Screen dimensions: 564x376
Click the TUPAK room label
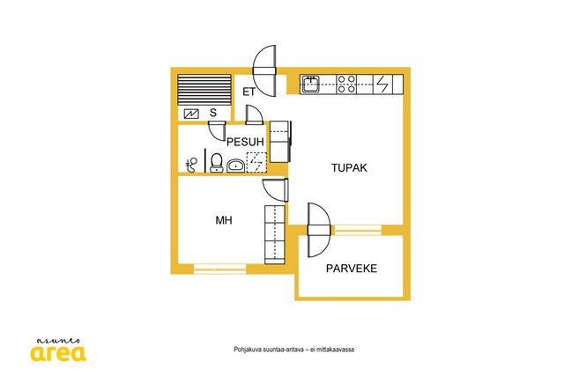(x=349, y=168)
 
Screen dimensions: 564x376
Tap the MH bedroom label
(x=224, y=220)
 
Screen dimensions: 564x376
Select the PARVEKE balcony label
(x=352, y=269)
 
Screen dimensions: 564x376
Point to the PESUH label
(x=245, y=142)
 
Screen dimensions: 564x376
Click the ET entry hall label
(x=249, y=92)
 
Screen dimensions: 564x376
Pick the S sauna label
(x=213, y=113)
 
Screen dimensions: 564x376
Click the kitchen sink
(x=310, y=85)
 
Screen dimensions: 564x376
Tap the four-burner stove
(x=346, y=85)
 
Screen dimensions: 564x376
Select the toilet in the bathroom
(x=216, y=163)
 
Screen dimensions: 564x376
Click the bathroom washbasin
(x=236, y=166)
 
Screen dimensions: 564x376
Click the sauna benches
(x=204, y=90)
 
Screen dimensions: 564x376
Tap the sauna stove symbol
(x=191, y=114)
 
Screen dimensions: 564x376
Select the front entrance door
(x=264, y=70)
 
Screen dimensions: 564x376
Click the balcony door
(x=319, y=230)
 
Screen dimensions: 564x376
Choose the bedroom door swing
(x=276, y=190)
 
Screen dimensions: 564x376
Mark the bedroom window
(x=219, y=269)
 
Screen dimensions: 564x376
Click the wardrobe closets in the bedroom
(x=275, y=235)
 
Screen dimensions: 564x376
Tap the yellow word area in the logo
(x=58, y=353)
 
